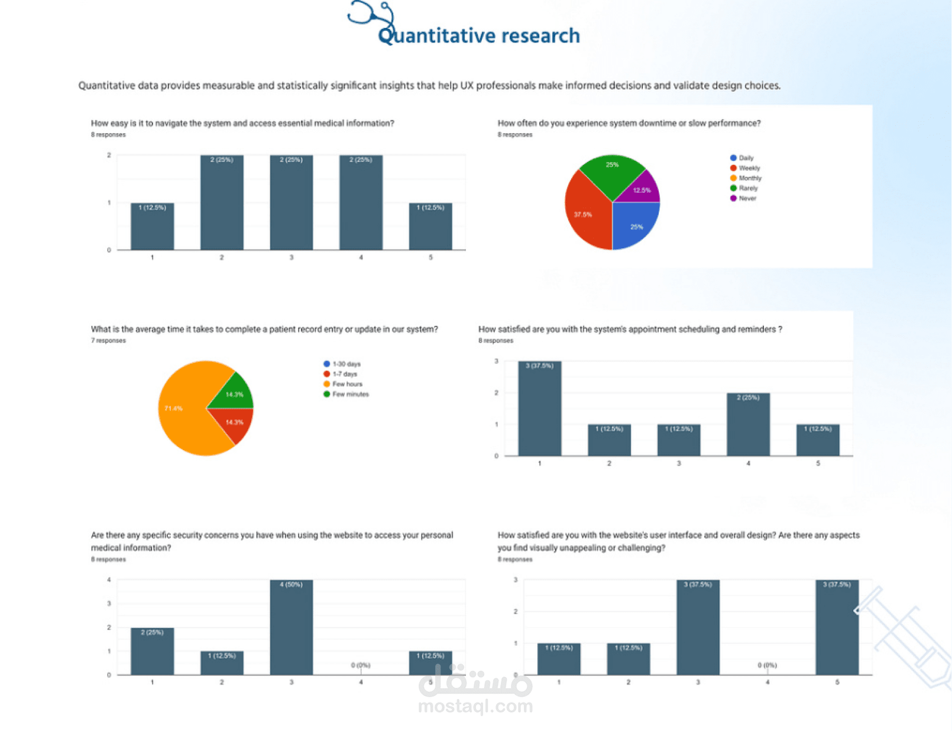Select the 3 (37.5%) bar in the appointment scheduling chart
pyautogui.click(x=539, y=408)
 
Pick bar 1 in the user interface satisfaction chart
pyautogui.click(x=559, y=659)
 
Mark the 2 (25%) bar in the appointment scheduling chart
pyautogui.click(x=748, y=424)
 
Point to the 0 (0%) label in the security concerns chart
pyautogui.click(x=360, y=665)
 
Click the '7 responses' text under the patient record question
pyautogui.click(x=108, y=341)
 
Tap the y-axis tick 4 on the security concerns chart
pyautogui.click(x=109, y=580)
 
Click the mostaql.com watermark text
pyautogui.click(x=475, y=706)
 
